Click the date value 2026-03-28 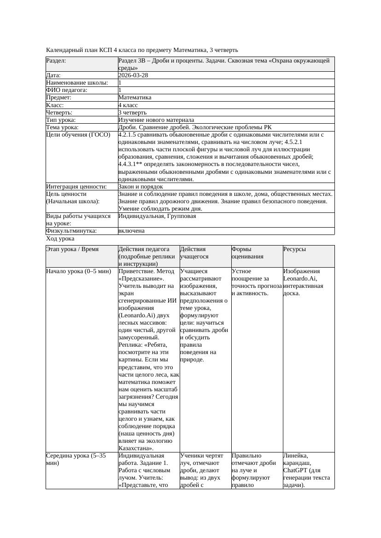pyautogui.click(x=133, y=75)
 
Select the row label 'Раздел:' pyautogui.click(x=56, y=61)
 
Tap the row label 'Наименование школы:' pyautogui.click(x=77, y=83)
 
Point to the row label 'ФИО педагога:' pyautogui.click(x=67, y=90)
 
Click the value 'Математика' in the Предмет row pyautogui.click(x=135, y=97)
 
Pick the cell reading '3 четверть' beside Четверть pyautogui.click(x=132, y=112)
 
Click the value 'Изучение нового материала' pyautogui.click(x=156, y=120)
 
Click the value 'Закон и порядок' pyautogui.click(x=141, y=187)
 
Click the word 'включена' pyautogui.click(x=131, y=231)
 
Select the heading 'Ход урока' pyautogui.click(x=60, y=239)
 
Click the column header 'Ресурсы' pyautogui.click(x=294, y=249)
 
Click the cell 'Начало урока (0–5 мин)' pyautogui.click(x=79, y=271)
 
